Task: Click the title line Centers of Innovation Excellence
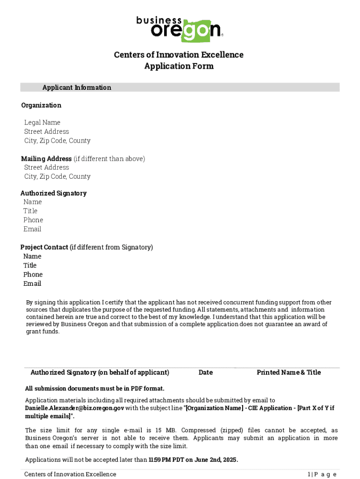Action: tap(179, 55)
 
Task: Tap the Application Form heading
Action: tap(179, 66)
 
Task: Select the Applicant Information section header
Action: tap(77, 87)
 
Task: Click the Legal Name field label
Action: tap(42, 123)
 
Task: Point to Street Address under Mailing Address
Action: tap(46, 167)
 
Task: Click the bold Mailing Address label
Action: tap(46, 159)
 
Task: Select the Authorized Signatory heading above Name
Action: tap(53, 193)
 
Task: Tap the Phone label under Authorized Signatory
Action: tap(33, 220)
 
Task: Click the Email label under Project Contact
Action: tap(32, 283)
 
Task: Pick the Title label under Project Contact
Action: tap(30, 265)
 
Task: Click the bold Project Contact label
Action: tap(44, 247)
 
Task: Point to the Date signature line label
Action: tap(205, 372)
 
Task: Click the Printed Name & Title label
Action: tap(288, 372)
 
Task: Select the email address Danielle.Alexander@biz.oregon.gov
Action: tap(74, 408)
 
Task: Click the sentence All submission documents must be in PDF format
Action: tap(94, 388)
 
